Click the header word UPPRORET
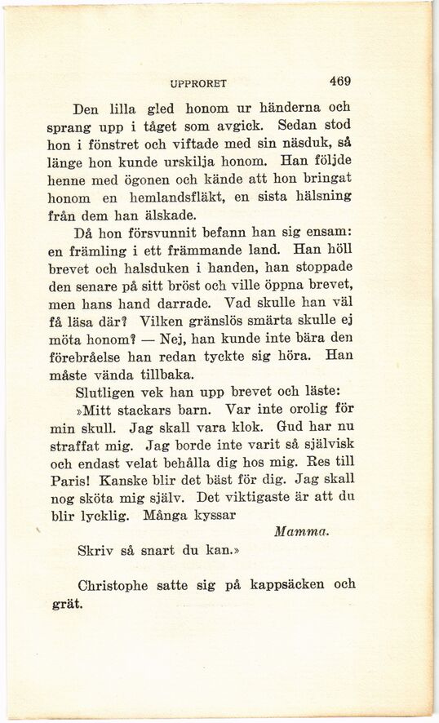198,83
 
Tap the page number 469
340,82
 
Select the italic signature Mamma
302,531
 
